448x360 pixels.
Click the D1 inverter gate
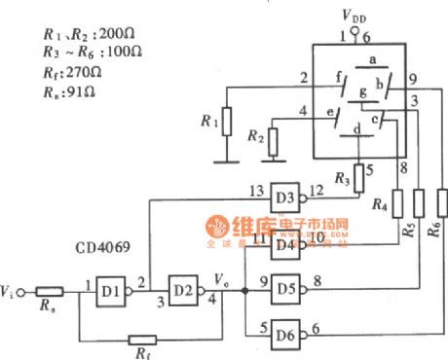[x=110, y=290]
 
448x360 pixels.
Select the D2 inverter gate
[x=180, y=290]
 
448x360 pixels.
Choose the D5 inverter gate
[x=283, y=289]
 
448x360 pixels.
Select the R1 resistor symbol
[x=226, y=122]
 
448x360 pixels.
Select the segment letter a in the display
[x=371, y=60]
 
